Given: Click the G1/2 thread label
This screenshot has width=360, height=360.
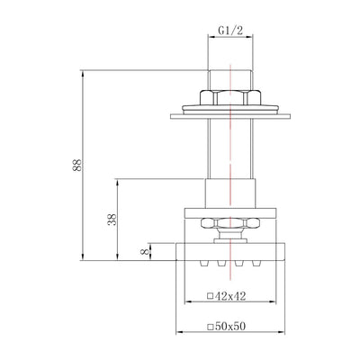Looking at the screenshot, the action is pos(230,31).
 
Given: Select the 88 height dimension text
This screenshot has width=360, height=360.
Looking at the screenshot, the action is pos(76,165).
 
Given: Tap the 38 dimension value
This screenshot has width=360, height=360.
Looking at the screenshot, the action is pos(112,220).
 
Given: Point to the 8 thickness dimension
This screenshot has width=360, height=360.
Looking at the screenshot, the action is pos(145,251).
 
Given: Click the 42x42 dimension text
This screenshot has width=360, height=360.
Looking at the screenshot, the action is pos(230,296).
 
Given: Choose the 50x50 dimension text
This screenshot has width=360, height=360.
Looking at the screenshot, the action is pos(230,326).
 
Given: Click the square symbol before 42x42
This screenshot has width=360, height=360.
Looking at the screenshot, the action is pos(211,296).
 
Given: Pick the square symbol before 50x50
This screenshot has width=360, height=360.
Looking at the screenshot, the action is pos(211,327).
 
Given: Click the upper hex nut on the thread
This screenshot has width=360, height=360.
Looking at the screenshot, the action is pos(230,97).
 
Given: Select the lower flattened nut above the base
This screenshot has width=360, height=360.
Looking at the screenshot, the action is pos(230,223).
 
